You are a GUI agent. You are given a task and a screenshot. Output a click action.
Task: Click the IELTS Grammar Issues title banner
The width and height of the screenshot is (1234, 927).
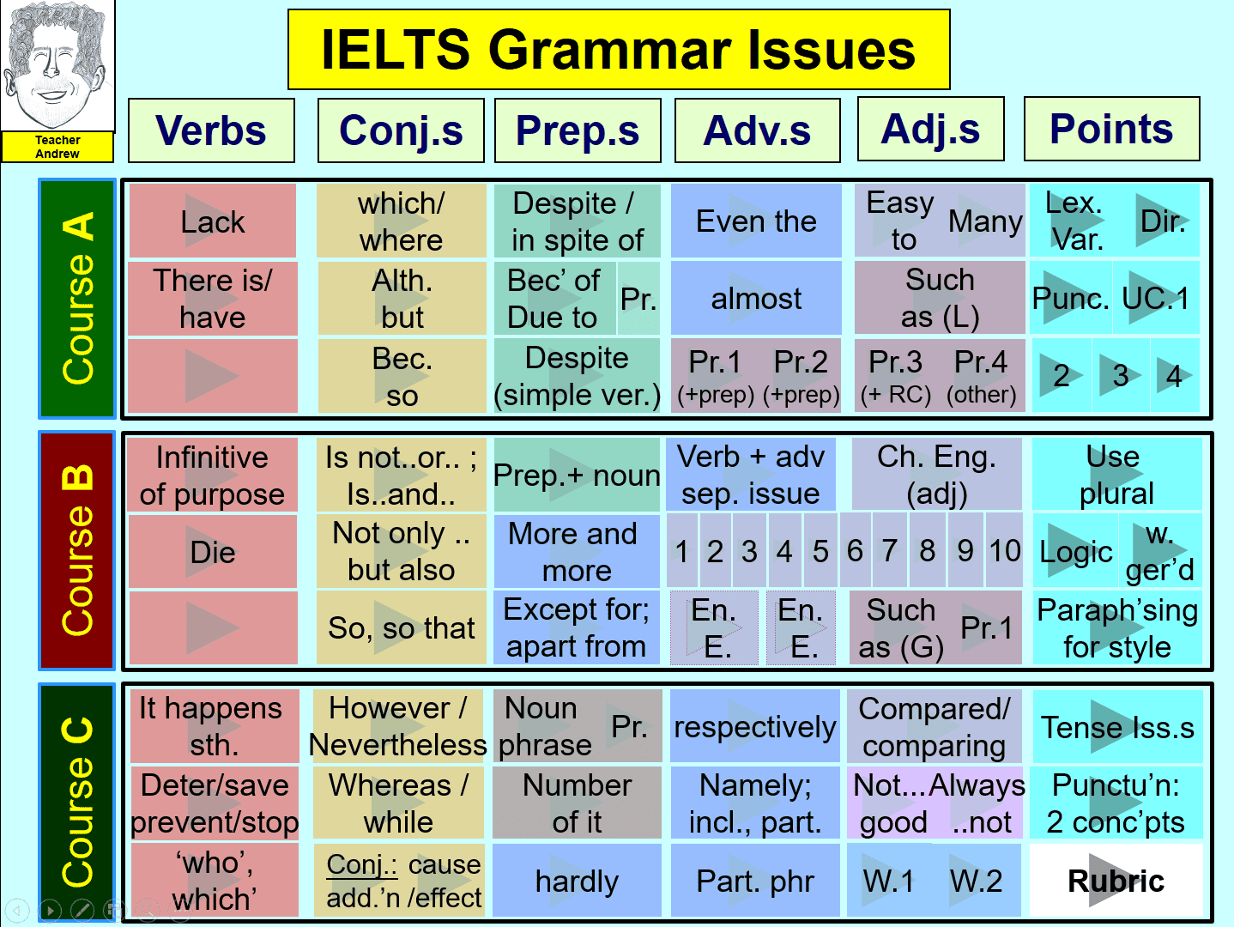tap(619, 50)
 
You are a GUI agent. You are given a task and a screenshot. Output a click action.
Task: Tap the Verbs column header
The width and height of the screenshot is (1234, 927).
tap(211, 130)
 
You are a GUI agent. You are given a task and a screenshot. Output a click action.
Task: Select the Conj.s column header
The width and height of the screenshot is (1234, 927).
tap(401, 130)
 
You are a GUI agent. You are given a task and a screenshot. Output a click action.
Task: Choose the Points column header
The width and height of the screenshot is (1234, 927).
tap(1111, 129)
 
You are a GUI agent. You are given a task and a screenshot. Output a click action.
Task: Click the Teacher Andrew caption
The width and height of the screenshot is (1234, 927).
tap(57, 147)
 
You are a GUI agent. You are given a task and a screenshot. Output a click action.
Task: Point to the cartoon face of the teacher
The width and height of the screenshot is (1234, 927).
tap(57, 66)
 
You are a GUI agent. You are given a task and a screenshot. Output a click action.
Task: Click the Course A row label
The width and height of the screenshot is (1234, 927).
tap(77, 299)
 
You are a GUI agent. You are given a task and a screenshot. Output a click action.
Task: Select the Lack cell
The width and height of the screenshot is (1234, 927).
tap(213, 221)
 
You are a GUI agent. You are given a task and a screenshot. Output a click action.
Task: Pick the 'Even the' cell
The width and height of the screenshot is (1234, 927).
tap(756, 221)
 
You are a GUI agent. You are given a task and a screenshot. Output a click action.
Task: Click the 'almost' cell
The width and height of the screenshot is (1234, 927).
tap(756, 298)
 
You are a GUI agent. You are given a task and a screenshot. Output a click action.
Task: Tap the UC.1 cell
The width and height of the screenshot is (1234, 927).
tap(1156, 298)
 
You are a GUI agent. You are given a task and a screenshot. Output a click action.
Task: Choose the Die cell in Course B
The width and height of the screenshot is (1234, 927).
tap(213, 551)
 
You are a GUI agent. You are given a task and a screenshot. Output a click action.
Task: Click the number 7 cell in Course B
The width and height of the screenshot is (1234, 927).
tap(890, 550)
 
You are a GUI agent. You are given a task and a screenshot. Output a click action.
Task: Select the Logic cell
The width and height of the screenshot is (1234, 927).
tap(1075, 551)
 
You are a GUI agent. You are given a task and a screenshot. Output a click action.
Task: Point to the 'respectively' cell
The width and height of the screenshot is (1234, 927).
tap(755, 726)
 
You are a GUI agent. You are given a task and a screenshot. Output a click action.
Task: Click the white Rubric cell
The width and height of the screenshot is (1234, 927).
tap(1116, 881)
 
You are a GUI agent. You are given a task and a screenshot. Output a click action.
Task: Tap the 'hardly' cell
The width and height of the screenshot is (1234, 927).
tap(577, 881)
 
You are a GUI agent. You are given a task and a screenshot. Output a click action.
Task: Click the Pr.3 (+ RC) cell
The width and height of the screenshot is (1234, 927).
tap(896, 376)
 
